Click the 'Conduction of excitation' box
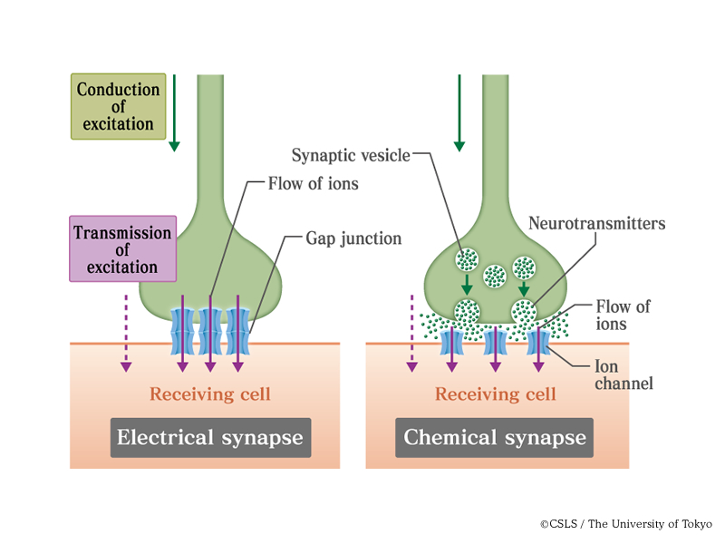[118, 106]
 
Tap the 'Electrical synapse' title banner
[211, 438]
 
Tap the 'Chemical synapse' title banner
[495, 438]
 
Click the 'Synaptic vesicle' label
[350, 155]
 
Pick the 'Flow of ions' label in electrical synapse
[314, 184]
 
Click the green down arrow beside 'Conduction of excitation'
[174, 112]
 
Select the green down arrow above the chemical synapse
[459, 112]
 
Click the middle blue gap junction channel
[210, 331]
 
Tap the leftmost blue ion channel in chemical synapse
[450, 342]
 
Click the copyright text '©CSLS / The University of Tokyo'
[626, 524]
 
